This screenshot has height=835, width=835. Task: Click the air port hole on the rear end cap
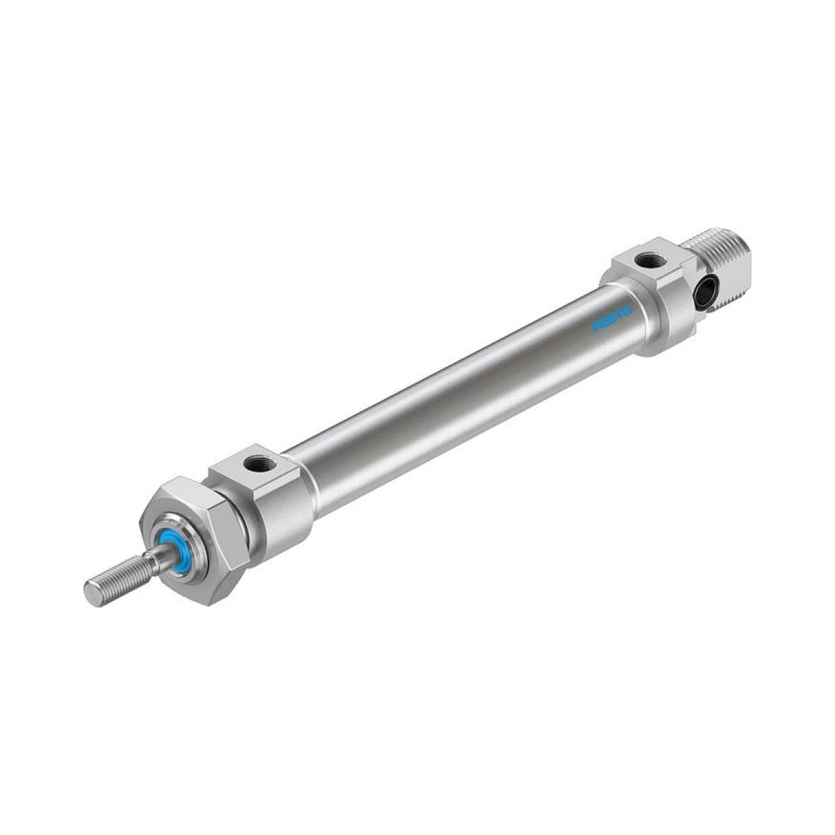tap(645, 261)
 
